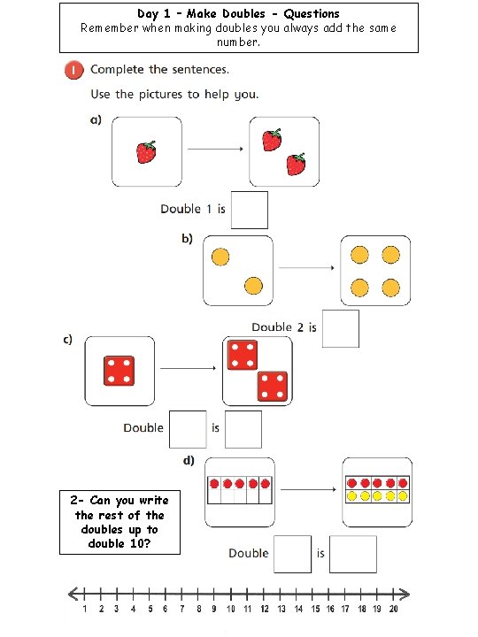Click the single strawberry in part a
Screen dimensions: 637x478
[x=146, y=152]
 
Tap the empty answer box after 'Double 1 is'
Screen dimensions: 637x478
[x=249, y=210]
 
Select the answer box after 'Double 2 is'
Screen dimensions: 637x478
[x=341, y=328]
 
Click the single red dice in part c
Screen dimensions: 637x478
[x=119, y=370]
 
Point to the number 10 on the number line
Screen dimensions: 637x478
[x=230, y=610]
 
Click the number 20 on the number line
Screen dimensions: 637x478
[x=393, y=610]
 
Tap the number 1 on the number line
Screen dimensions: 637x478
[x=85, y=610]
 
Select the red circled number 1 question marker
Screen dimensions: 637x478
[x=73, y=70]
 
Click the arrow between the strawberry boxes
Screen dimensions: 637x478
[x=215, y=150]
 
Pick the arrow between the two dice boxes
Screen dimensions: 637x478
[x=189, y=369]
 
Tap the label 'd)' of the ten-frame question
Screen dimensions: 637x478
[x=189, y=461]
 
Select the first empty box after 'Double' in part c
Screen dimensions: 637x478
[x=188, y=429]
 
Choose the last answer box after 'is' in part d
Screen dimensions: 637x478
[x=353, y=554]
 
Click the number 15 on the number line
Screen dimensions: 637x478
[x=312, y=610]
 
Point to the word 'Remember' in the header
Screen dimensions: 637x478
[x=110, y=27]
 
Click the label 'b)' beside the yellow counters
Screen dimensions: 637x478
[x=188, y=240]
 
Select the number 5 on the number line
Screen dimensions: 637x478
[x=150, y=610]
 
